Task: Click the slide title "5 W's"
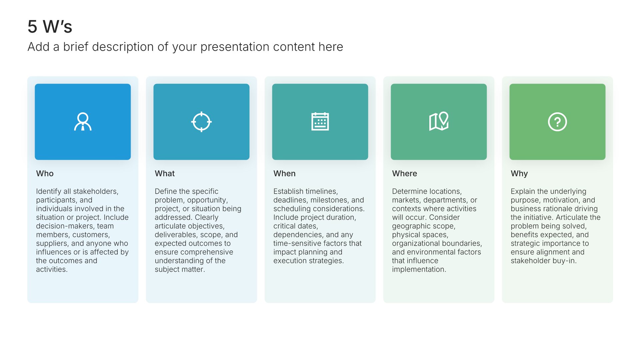pyautogui.click(x=50, y=27)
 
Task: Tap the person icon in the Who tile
pyautogui.click(x=83, y=122)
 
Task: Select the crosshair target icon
pyautogui.click(x=201, y=122)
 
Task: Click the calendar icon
pyautogui.click(x=320, y=121)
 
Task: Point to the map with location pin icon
pyautogui.click(x=439, y=121)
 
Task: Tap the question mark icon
pyautogui.click(x=557, y=122)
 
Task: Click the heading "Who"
pyautogui.click(x=45, y=174)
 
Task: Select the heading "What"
pyautogui.click(x=165, y=174)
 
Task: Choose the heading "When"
pyautogui.click(x=284, y=174)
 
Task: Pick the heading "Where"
pyautogui.click(x=405, y=174)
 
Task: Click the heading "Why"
pyautogui.click(x=519, y=174)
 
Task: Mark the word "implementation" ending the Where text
pyautogui.click(x=419, y=269)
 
